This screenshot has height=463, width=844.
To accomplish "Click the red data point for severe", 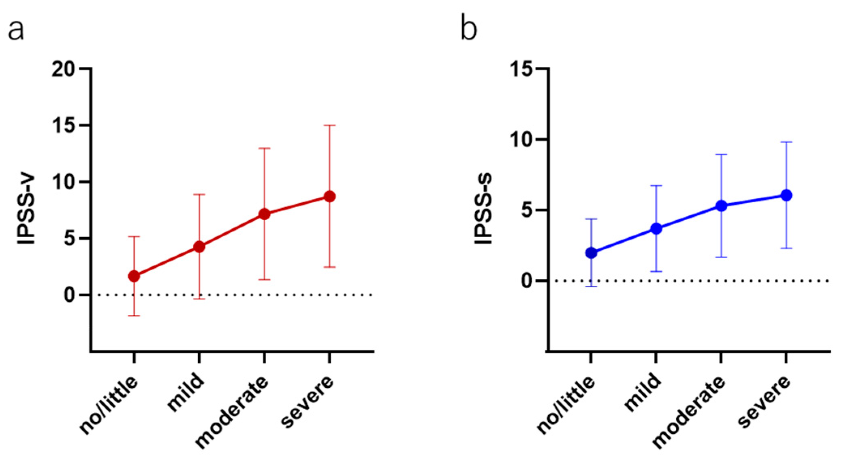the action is coord(329,197).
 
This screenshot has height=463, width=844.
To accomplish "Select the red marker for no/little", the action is coord(134,276).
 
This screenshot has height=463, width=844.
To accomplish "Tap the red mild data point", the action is coord(199,246).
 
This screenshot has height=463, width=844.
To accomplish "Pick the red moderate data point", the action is coord(264,214).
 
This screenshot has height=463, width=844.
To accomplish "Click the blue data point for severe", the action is coord(786,195).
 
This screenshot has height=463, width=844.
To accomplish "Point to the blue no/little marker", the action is coord(591,253).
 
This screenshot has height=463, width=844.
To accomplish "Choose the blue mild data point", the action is coord(656,229).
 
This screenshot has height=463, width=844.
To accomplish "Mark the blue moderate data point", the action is coord(721,206).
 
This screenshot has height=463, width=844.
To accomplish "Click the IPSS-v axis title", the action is coord(27,210).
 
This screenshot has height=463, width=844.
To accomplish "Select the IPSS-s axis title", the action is coord(483,209).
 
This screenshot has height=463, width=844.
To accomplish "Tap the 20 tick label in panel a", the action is coord(63,69).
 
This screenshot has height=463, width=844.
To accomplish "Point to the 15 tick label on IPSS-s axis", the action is coord(521,69).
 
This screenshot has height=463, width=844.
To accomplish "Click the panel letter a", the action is coord(16,30).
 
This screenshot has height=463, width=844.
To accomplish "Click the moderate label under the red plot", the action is coord(231,412).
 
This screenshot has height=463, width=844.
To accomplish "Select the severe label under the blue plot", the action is coord(764,401).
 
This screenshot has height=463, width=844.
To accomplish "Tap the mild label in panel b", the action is coord(643,392).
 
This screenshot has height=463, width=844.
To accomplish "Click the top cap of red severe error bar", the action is coord(329,125).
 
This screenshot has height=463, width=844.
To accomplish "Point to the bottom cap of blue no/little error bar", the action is coord(591,287).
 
